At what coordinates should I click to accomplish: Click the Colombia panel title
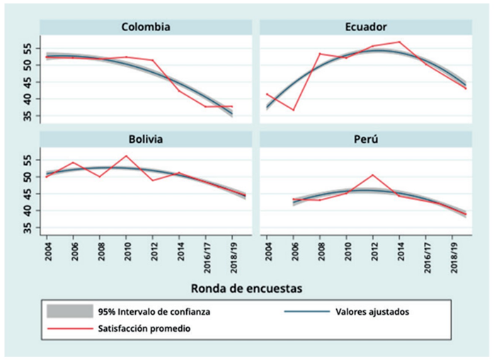tap(145, 27)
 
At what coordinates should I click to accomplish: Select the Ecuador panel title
tap(365, 27)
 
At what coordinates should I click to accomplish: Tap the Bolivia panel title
tap(145, 139)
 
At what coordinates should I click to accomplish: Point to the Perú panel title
tap(365, 139)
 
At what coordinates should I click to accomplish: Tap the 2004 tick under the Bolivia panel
tap(47, 250)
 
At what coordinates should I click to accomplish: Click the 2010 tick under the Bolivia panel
tap(126, 250)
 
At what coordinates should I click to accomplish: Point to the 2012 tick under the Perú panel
tap(372, 250)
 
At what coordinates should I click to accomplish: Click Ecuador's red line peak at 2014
tap(400, 42)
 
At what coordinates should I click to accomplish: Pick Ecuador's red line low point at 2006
tap(294, 110)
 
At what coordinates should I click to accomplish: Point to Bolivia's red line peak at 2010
tap(126, 156)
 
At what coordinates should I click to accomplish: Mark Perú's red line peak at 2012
tap(372, 174)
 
